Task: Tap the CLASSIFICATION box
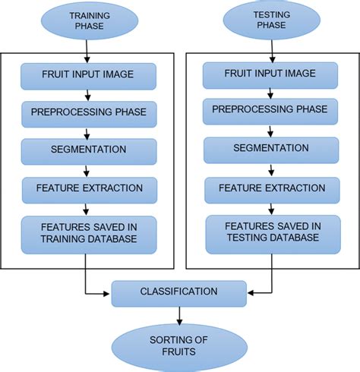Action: [x=179, y=292]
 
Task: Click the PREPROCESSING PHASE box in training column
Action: [x=88, y=112]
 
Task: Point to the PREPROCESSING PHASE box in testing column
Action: [x=272, y=111]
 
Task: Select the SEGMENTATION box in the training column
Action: [x=88, y=150]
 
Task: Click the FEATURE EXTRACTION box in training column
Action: [x=88, y=187]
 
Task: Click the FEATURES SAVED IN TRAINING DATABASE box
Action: [x=88, y=232]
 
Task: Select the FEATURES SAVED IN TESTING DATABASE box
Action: [x=272, y=231]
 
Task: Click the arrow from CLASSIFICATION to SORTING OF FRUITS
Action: [x=180, y=314]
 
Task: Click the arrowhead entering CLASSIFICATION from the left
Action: [x=107, y=292]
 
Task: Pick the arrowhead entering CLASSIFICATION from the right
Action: [x=251, y=292]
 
